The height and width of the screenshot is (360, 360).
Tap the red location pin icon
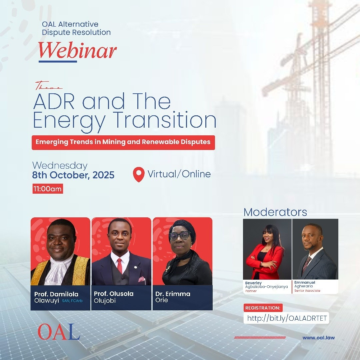coord(139,174)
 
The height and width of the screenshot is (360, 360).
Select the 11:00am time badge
coord(48,189)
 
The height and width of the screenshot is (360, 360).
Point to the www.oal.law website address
coord(318,337)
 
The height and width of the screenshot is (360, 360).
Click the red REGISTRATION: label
coord(263,308)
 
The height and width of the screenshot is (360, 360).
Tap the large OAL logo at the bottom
coord(59,332)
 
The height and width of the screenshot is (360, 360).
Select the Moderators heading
coord(275,212)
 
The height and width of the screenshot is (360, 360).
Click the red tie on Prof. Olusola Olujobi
coord(120,266)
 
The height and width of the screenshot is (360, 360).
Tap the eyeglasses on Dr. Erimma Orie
coord(180,236)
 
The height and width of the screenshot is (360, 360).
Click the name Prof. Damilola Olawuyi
coord(56,297)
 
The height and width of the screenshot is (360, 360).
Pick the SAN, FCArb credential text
coord(72,301)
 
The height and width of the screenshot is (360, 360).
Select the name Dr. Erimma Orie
coord(173,297)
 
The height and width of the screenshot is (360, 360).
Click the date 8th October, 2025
coord(73,175)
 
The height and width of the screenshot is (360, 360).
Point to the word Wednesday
coord(60,166)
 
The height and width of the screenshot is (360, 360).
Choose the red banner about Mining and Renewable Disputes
coord(123,143)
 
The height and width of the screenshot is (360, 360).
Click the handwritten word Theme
coord(48,86)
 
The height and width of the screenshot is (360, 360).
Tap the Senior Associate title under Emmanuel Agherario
coord(307,291)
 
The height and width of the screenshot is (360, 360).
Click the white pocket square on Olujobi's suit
coord(142,279)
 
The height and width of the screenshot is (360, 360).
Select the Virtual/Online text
coord(179,174)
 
